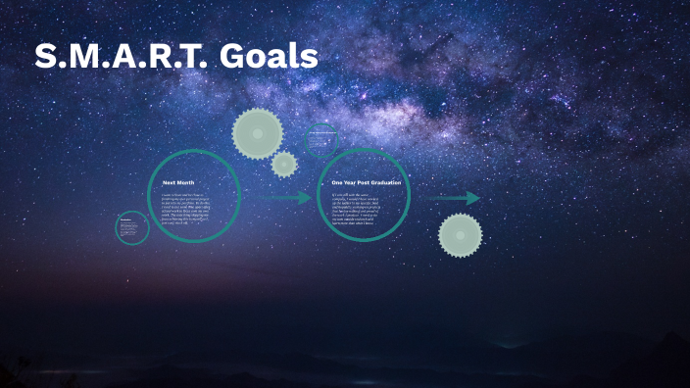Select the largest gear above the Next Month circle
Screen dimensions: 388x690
(258, 133)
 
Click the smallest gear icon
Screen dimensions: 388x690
(284, 164)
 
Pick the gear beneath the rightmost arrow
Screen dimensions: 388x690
(460, 235)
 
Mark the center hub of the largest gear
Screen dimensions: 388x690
(258, 133)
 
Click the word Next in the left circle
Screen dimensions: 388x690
(171, 182)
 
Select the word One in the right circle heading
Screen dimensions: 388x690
(338, 182)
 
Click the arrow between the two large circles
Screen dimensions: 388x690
(285, 198)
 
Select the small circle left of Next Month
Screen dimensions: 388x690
(132, 227)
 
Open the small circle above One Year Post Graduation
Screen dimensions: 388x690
(321, 140)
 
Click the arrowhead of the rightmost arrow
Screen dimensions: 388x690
(473, 198)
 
